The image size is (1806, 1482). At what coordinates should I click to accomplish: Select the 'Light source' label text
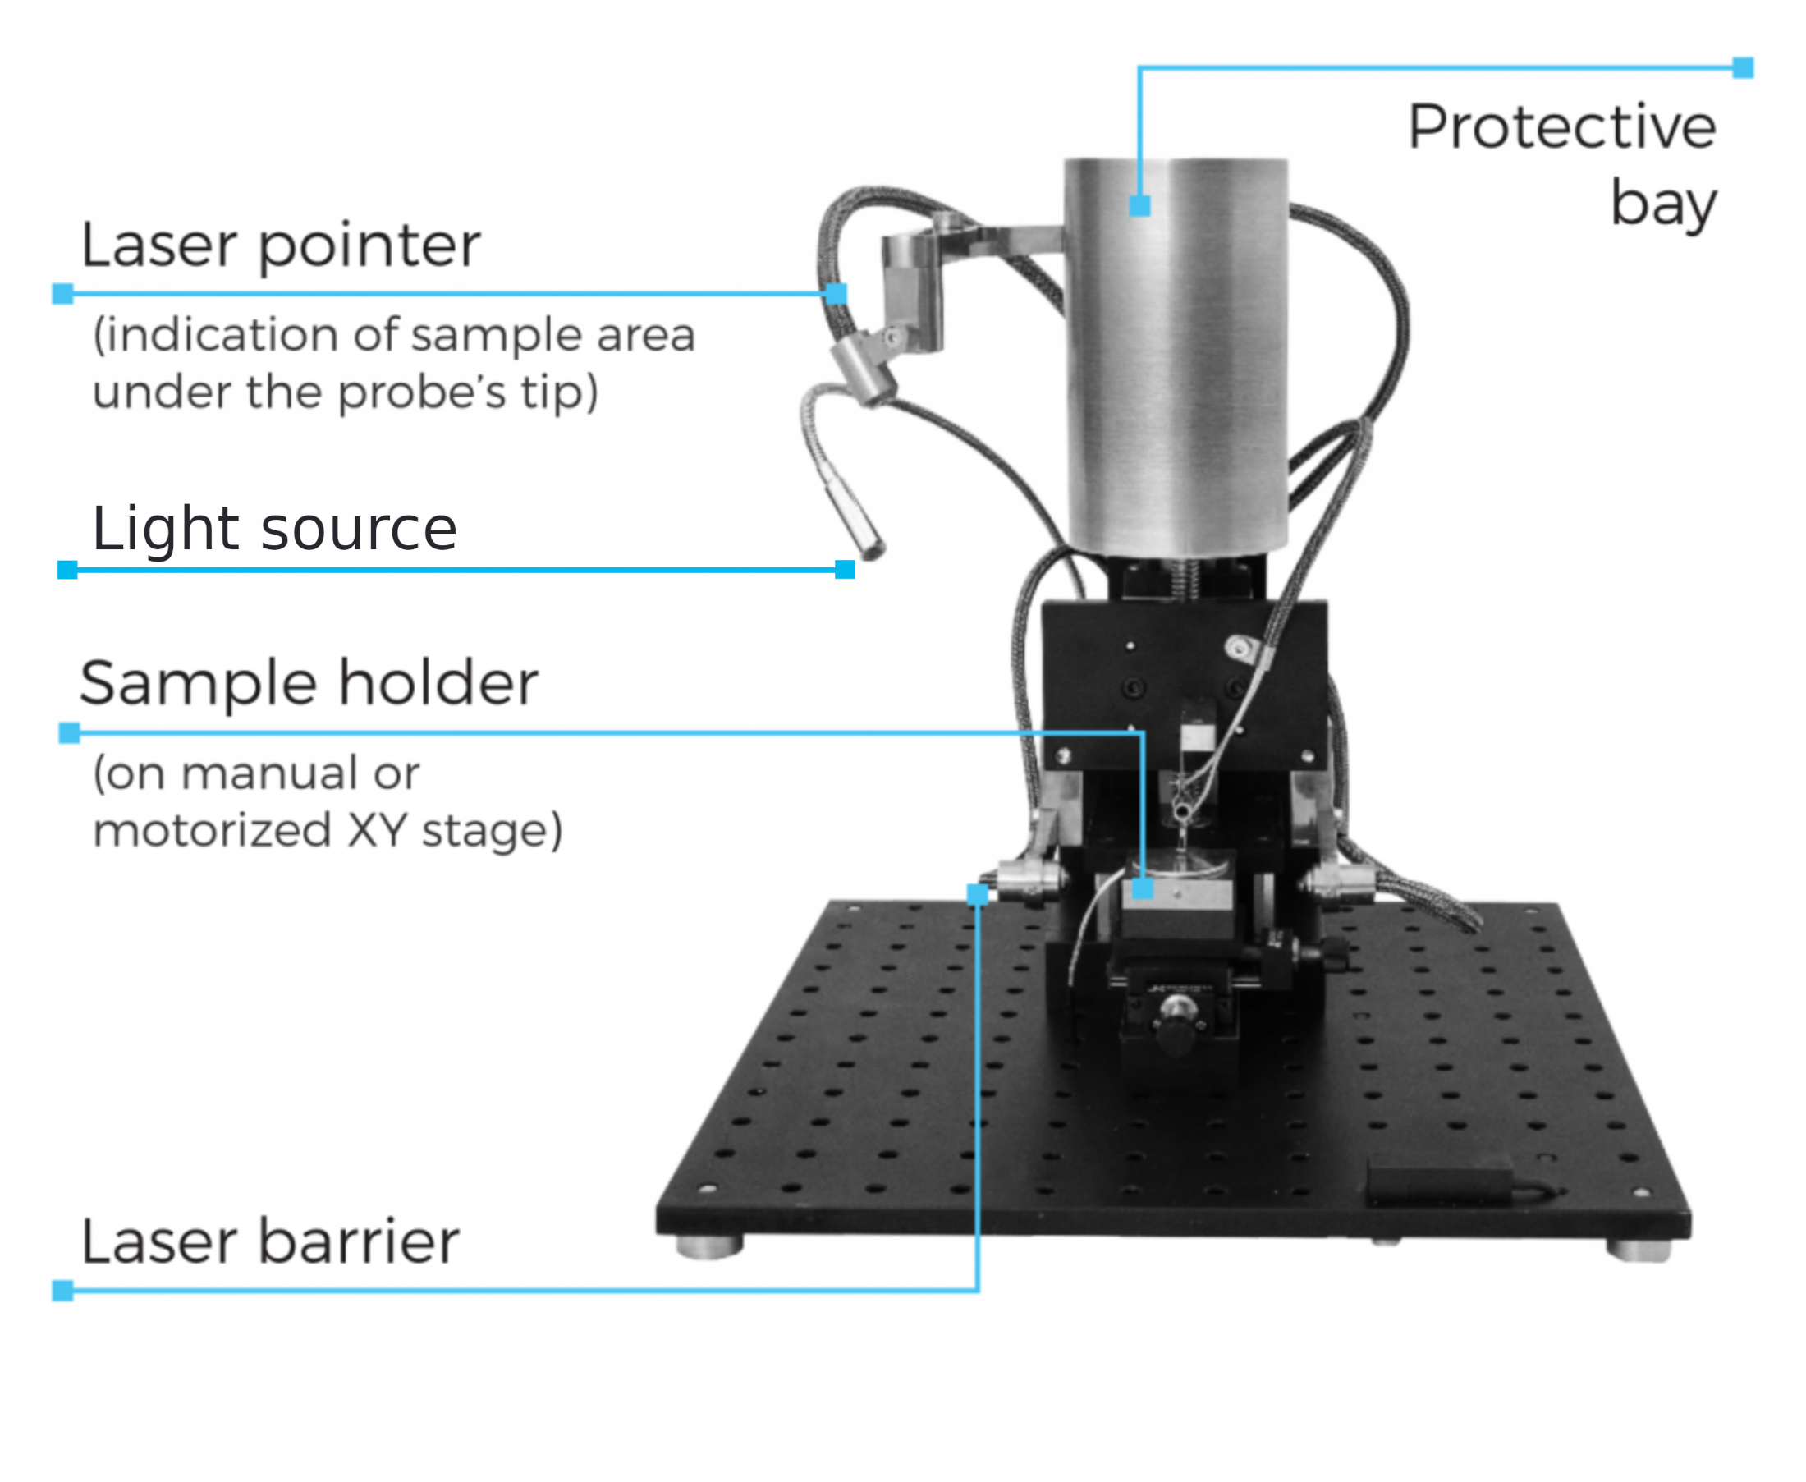pos(274,530)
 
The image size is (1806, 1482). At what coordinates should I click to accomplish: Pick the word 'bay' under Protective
pos(1663,206)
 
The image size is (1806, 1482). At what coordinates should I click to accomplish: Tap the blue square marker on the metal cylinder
pos(1139,206)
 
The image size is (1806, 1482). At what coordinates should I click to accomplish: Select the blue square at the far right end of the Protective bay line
pos(1743,67)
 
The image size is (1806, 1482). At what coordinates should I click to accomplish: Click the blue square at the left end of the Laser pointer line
pos(62,295)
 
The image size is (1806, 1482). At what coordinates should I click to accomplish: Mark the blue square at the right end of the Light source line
pos(845,570)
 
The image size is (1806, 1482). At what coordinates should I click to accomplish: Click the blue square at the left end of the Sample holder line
pos(69,732)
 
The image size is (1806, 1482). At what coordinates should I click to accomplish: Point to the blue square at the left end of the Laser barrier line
pos(62,1290)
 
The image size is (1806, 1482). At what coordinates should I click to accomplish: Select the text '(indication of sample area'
pos(393,335)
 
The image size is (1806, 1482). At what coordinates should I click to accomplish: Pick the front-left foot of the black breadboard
pos(709,1246)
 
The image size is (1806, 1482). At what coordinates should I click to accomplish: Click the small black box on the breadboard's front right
pos(1440,1181)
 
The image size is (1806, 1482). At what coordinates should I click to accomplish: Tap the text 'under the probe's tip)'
pos(345,392)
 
